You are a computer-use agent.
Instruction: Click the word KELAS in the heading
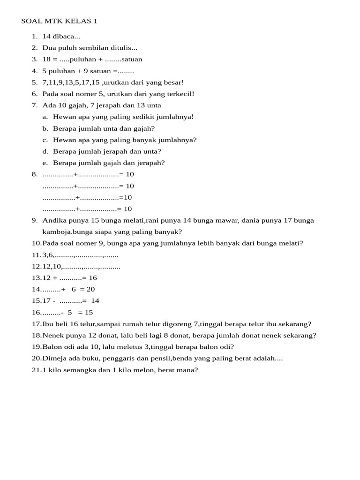coord(79,21)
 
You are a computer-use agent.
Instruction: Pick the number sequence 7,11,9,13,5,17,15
coord(71,82)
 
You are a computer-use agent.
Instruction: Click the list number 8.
coord(34,174)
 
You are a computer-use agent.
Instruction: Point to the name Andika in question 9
coord(54,220)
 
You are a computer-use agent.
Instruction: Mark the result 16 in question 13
coord(93,278)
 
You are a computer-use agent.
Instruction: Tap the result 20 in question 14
coord(90,289)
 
